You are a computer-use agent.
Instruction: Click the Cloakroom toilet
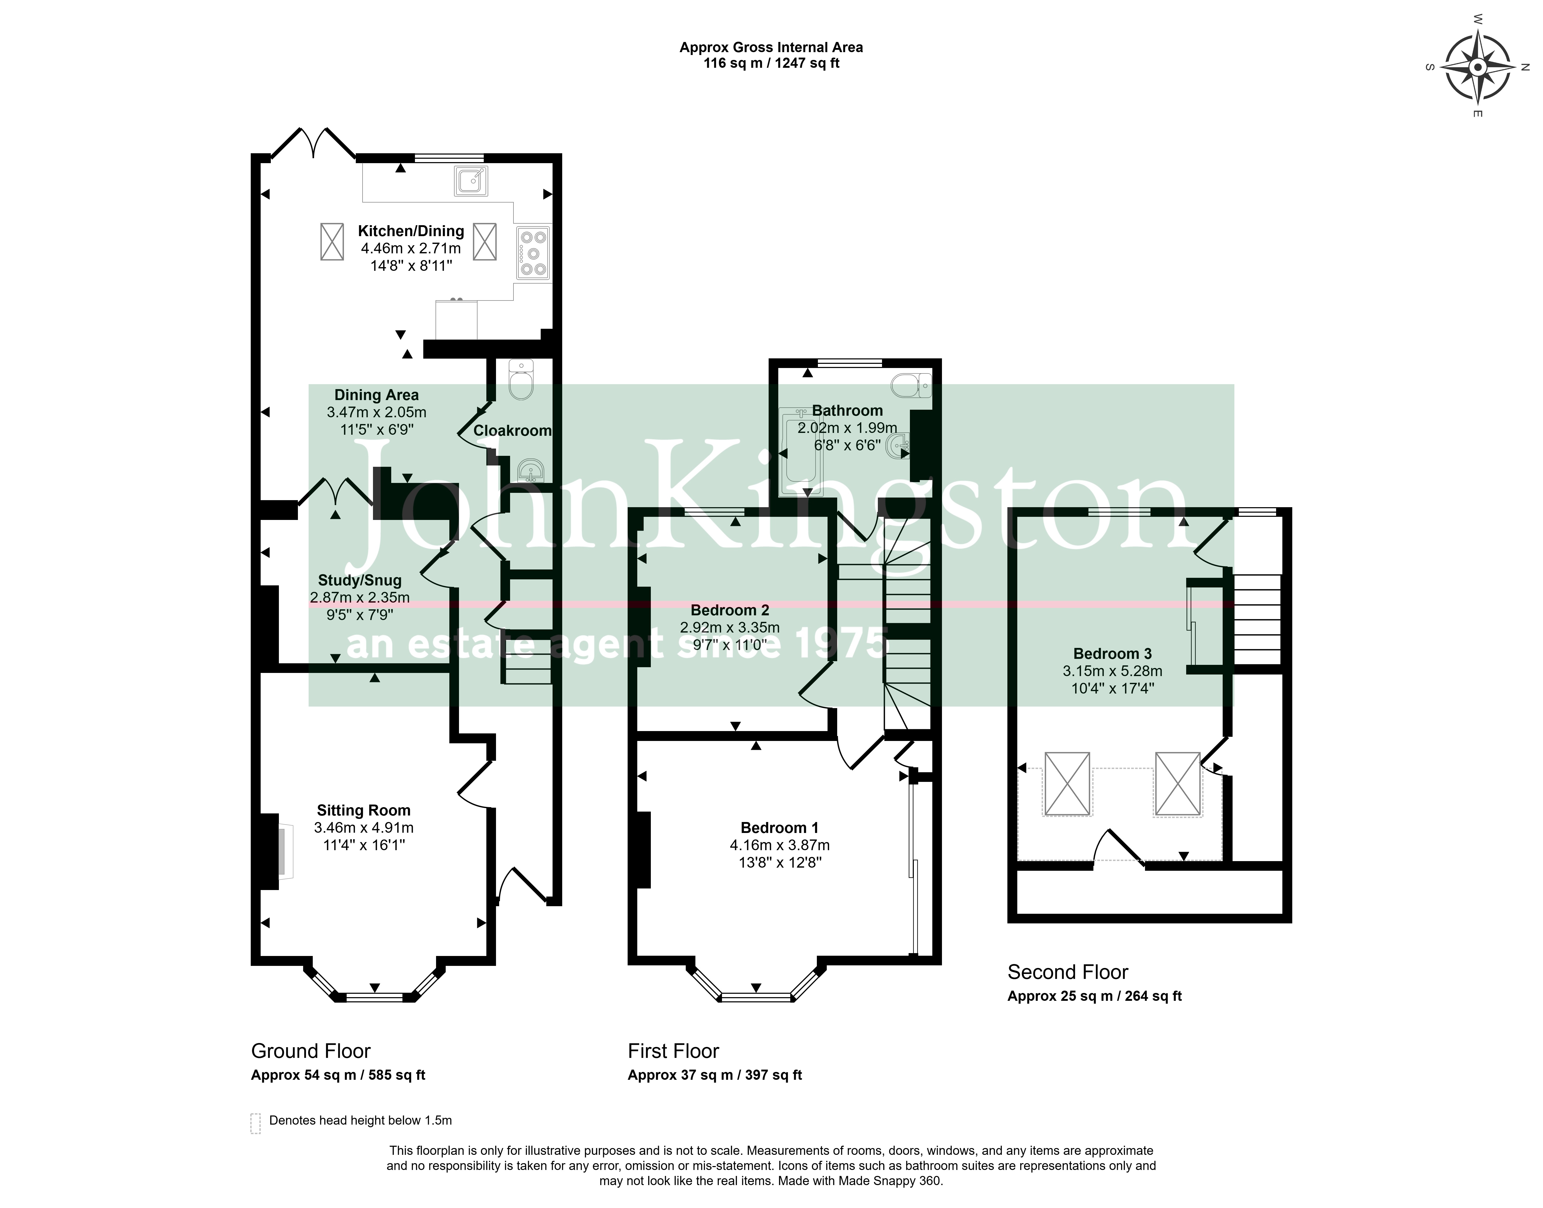pyautogui.click(x=522, y=380)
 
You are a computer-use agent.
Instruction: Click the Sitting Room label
pyautogui.click(x=364, y=811)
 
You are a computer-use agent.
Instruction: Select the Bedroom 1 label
pyautogui.click(x=779, y=827)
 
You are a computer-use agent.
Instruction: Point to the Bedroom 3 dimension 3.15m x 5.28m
pyautogui.click(x=1112, y=671)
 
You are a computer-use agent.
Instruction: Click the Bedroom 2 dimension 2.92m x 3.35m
pyautogui.click(x=730, y=627)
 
